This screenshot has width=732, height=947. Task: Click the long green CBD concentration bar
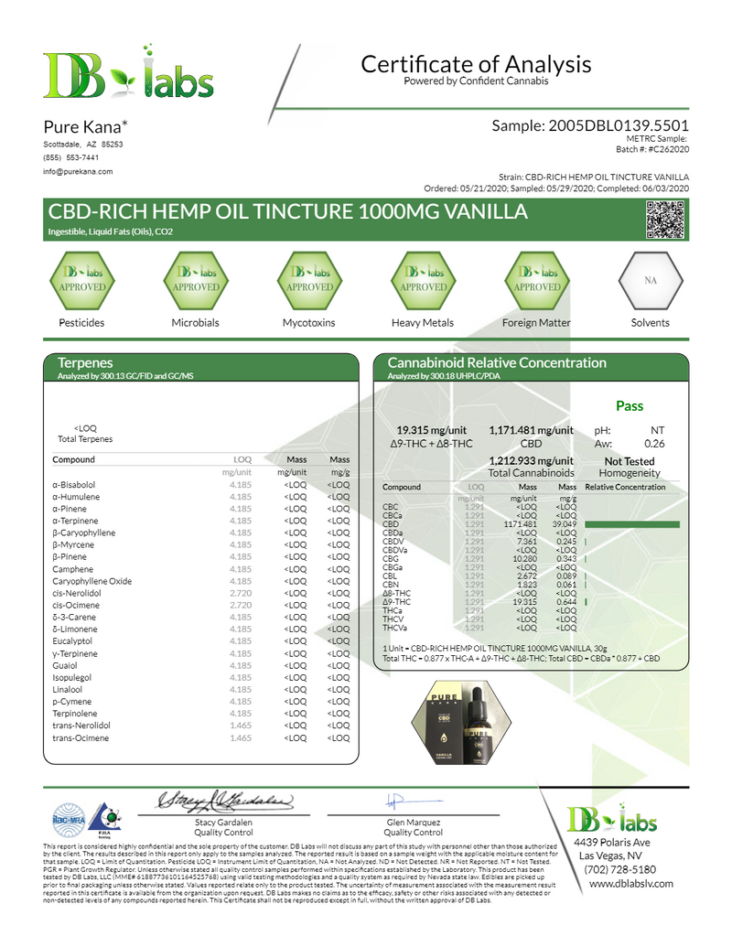pyautogui.click(x=633, y=523)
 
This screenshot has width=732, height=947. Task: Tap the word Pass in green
pyautogui.click(x=629, y=405)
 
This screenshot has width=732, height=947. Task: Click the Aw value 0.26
pyautogui.click(x=653, y=445)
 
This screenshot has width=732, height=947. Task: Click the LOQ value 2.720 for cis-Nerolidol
pyautogui.click(x=240, y=593)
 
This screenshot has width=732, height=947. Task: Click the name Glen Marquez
pyautogui.click(x=413, y=823)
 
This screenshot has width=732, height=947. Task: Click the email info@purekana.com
pyautogui.click(x=78, y=171)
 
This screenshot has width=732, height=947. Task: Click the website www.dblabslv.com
pyautogui.click(x=630, y=884)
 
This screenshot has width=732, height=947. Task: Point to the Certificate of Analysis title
pyautogui.click(x=476, y=65)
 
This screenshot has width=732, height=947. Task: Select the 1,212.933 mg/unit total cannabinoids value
pyautogui.click(x=531, y=460)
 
